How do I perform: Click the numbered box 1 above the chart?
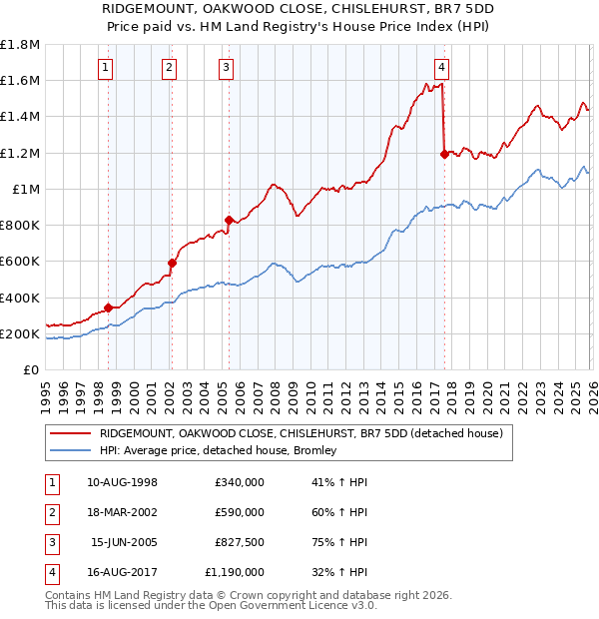click(107, 68)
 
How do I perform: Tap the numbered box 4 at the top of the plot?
click(441, 68)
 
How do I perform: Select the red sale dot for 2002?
click(172, 264)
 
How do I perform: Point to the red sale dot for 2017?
click(444, 154)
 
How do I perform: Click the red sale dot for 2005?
click(229, 220)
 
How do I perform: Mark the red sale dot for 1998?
click(108, 309)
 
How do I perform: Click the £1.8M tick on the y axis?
click(20, 45)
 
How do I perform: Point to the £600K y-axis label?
click(20, 262)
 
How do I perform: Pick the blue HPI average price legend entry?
click(218, 450)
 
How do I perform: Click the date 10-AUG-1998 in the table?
click(123, 482)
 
